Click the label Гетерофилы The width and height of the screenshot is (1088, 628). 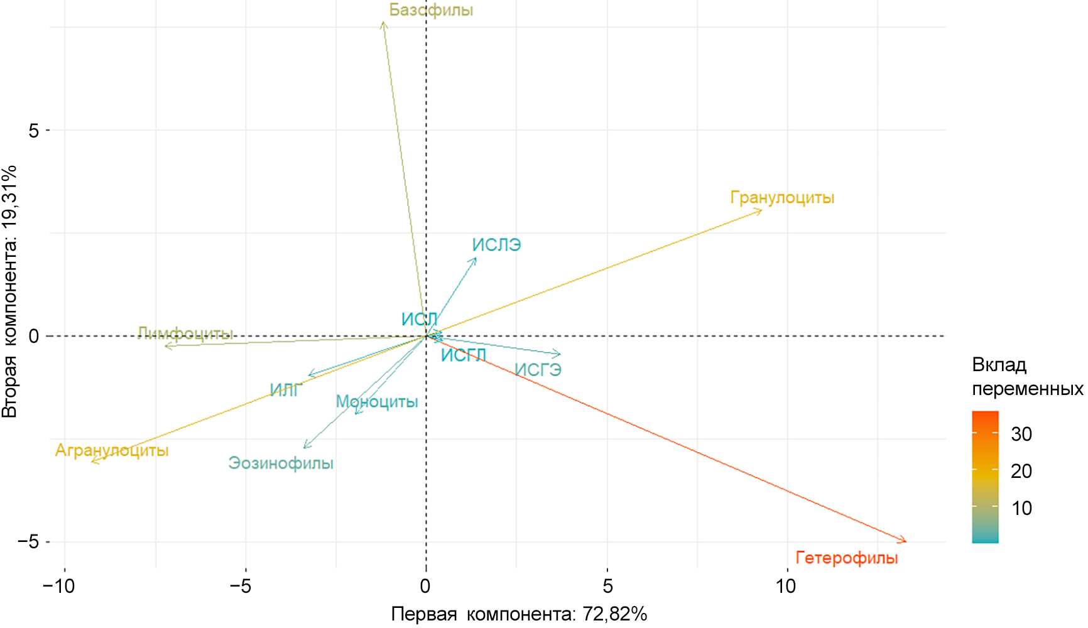(x=846, y=558)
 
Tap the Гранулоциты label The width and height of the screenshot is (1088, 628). (x=782, y=198)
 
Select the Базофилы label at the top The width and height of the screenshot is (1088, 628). (x=431, y=10)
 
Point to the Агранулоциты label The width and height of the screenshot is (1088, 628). (x=112, y=450)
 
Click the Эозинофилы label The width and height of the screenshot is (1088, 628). (x=281, y=463)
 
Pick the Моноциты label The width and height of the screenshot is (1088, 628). (x=377, y=401)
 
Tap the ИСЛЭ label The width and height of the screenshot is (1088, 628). (x=496, y=245)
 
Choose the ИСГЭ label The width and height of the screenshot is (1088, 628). (x=538, y=370)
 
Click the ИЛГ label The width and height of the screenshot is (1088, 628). (x=286, y=390)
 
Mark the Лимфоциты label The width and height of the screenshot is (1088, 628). (x=185, y=333)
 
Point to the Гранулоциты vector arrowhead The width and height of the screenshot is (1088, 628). (x=761, y=210)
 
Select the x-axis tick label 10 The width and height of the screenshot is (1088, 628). (x=785, y=587)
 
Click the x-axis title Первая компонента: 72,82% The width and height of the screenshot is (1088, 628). (x=519, y=614)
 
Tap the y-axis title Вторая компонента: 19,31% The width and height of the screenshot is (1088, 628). (x=9, y=291)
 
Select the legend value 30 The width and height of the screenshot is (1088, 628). (x=1021, y=434)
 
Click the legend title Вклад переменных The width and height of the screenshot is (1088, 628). (x=1026, y=377)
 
